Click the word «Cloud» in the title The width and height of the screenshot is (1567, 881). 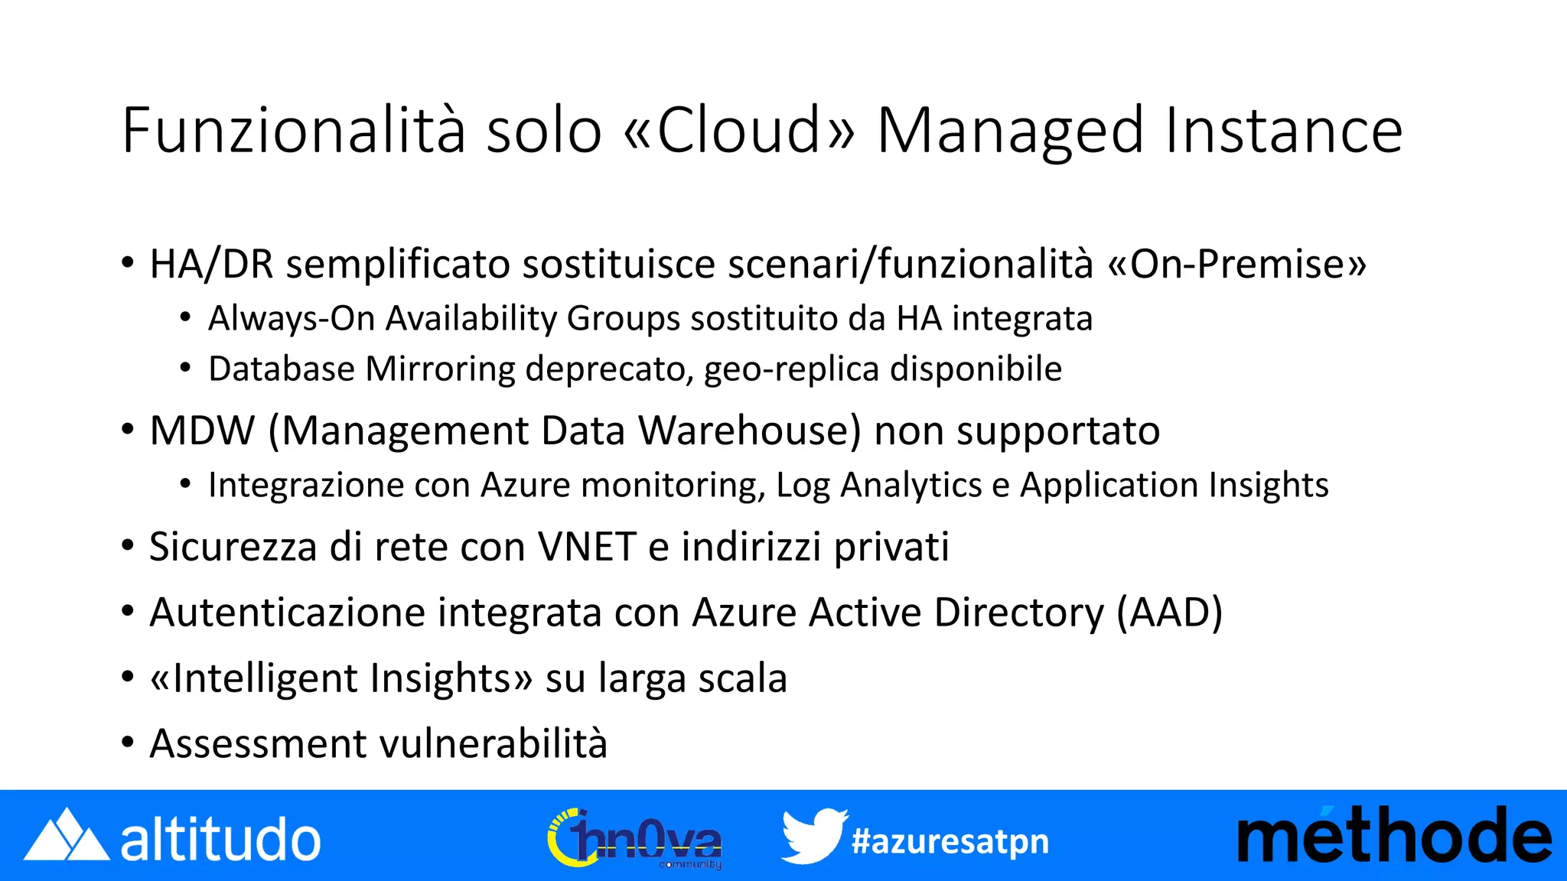click(739, 130)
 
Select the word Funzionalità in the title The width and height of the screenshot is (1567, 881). click(293, 130)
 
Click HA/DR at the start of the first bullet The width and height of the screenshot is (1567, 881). click(211, 265)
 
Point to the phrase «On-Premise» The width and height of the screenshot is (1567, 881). click(1236, 265)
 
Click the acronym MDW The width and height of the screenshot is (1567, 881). click(202, 431)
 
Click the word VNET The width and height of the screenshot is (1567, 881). click(587, 547)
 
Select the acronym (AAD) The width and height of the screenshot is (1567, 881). click(1169, 613)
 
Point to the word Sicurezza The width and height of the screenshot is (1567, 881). click(233, 547)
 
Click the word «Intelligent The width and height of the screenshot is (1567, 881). click(253, 678)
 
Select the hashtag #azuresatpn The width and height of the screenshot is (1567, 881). click(950, 841)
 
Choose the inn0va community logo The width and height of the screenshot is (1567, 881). click(635, 839)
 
